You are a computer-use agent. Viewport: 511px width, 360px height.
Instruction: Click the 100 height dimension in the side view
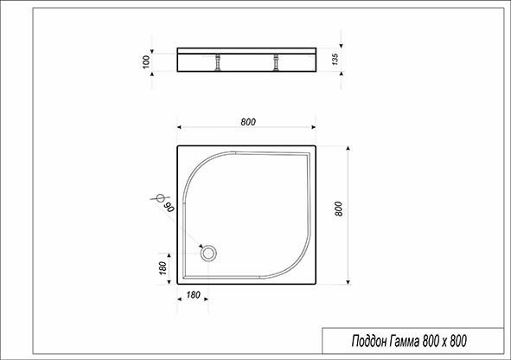(x=147, y=60)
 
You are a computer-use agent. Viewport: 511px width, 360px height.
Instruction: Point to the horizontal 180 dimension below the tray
(x=194, y=295)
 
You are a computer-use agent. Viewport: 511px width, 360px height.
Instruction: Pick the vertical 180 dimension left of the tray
(x=163, y=267)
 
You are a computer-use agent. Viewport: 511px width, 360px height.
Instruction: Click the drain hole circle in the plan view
(x=209, y=253)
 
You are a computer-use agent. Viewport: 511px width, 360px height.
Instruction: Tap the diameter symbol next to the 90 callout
(x=159, y=199)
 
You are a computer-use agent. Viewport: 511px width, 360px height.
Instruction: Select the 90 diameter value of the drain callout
(x=169, y=207)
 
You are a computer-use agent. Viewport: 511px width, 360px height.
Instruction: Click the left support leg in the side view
(x=219, y=63)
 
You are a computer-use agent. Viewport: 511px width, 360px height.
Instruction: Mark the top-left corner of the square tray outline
(x=178, y=146)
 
